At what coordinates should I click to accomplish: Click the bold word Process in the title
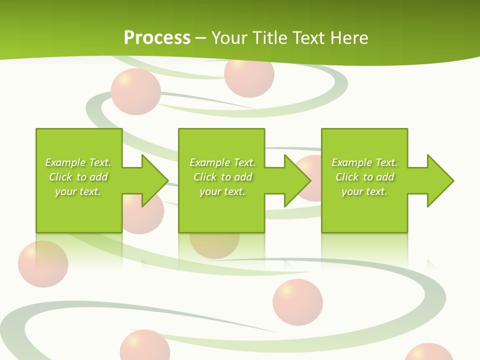pyautogui.click(x=157, y=38)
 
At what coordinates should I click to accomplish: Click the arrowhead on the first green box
pyautogui.click(x=155, y=180)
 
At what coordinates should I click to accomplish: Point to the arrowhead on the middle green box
pyautogui.click(x=297, y=180)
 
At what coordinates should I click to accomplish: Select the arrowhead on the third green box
pyautogui.click(x=440, y=180)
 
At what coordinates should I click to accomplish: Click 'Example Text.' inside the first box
pyautogui.click(x=78, y=162)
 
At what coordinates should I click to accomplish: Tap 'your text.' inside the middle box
pyautogui.click(x=222, y=191)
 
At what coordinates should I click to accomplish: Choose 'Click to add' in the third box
pyautogui.click(x=364, y=177)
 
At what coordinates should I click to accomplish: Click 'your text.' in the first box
pyautogui.click(x=78, y=191)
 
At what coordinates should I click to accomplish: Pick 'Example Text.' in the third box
pyautogui.click(x=364, y=162)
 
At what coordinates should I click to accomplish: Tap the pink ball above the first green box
pyautogui.click(x=135, y=92)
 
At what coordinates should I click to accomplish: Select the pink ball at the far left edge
pyautogui.click(x=42, y=264)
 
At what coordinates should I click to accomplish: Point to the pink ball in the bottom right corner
pyautogui.click(x=428, y=352)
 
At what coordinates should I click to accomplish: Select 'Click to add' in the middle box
pyautogui.click(x=222, y=177)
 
